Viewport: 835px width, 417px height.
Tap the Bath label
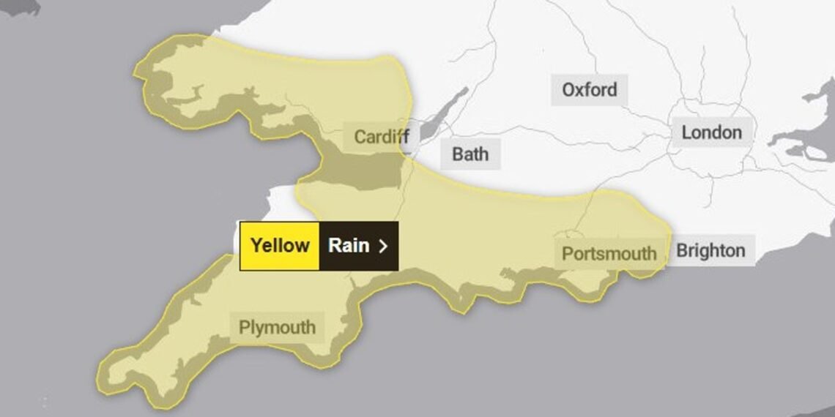coord(470,154)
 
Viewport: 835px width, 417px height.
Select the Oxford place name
coord(590,90)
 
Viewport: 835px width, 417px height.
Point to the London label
coord(711,132)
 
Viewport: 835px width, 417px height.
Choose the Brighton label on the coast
coord(710,251)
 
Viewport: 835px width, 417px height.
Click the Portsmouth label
coord(609,254)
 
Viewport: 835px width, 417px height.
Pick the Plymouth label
coord(277,327)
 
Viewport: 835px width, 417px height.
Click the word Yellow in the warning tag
coord(280,245)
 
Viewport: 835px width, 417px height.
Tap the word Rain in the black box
coord(349,245)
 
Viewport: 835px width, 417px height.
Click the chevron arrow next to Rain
coord(382,246)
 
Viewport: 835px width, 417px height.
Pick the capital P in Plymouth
coord(245,327)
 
